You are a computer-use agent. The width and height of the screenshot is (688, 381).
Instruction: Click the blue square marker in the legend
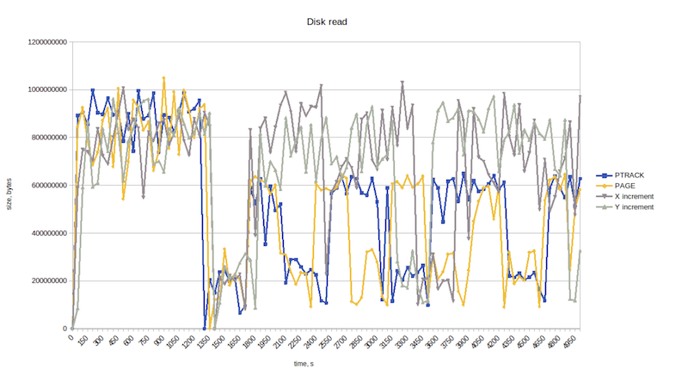(x=602, y=175)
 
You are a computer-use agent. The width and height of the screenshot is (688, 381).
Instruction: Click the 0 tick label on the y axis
(x=64, y=329)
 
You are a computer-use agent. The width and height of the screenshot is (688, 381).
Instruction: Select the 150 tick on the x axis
(x=81, y=341)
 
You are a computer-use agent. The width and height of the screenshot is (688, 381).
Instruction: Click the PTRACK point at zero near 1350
(x=205, y=329)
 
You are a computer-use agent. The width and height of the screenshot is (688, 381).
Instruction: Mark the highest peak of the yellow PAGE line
(x=163, y=78)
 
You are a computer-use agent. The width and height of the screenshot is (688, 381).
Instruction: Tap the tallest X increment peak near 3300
(x=402, y=83)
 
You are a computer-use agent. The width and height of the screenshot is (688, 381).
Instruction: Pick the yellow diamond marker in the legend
(x=602, y=186)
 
